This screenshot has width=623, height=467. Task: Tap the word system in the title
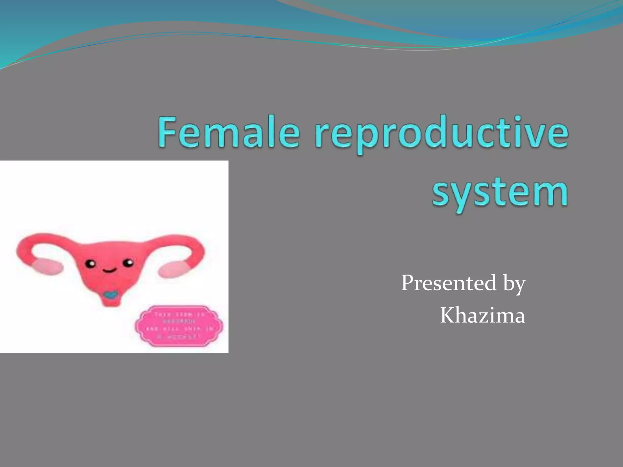[x=500, y=192]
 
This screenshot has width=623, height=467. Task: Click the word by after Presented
[x=514, y=284]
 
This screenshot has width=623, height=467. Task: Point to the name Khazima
[x=482, y=315]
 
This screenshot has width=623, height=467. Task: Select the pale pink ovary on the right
[x=173, y=269]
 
